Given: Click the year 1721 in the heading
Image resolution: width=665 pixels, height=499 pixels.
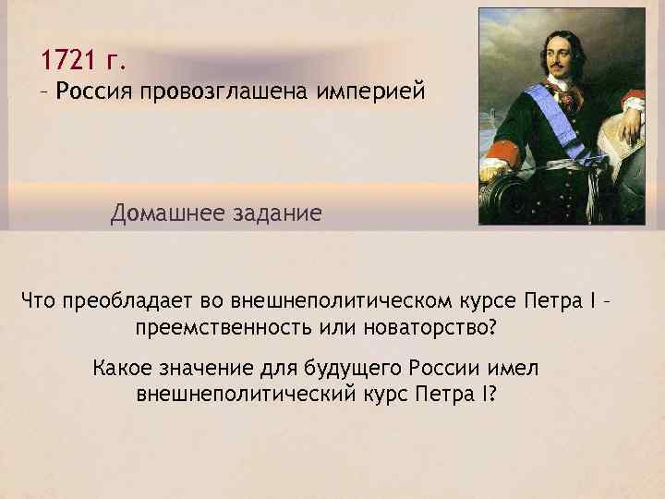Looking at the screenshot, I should coord(68,62).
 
